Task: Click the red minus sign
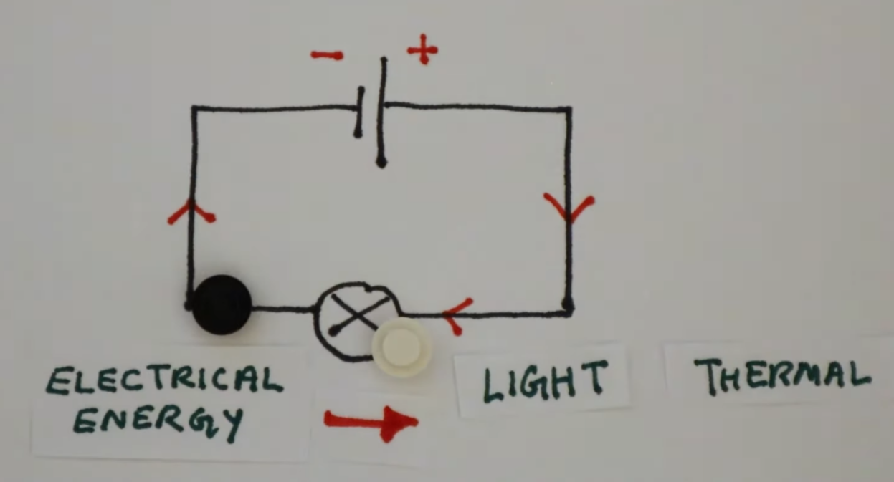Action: point(327,55)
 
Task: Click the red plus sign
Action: point(422,49)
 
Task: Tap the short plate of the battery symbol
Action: point(358,112)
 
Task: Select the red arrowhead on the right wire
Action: point(569,207)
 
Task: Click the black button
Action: point(222,304)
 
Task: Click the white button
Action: point(401,347)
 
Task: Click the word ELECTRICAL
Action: point(164,380)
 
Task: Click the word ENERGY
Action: point(158,421)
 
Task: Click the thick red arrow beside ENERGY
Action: point(370,422)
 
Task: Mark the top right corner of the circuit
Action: point(569,110)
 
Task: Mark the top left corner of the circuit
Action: point(194,109)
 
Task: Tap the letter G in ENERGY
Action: point(198,421)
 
